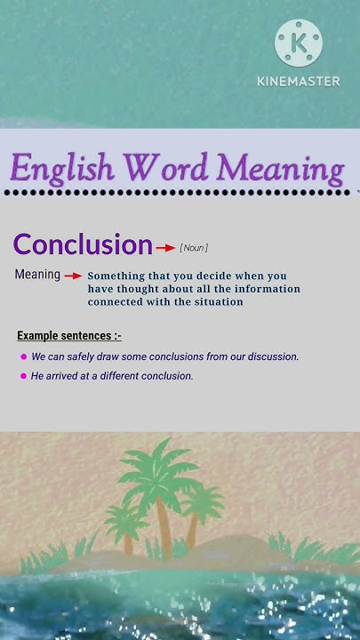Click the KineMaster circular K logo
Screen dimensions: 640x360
[x=298, y=42]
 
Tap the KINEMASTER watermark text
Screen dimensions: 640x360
[x=298, y=81]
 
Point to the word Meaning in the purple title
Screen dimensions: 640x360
[x=280, y=168]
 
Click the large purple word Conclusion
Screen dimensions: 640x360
[x=83, y=244]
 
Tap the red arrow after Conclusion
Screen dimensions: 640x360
[x=165, y=247]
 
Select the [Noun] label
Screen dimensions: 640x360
[x=194, y=247]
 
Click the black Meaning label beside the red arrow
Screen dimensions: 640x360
[x=37, y=275]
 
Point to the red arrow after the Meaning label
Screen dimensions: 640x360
[x=73, y=276]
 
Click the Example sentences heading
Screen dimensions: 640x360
[x=69, y=335]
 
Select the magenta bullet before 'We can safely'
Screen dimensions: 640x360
[x=23, y=356]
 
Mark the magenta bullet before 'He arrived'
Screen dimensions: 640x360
[x=23, y=376]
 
